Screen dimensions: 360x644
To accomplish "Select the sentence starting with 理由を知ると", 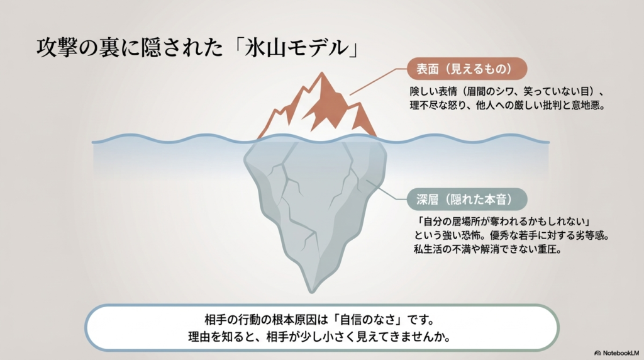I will click(321, 335).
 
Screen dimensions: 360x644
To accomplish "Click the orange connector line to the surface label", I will click(374, 81).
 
